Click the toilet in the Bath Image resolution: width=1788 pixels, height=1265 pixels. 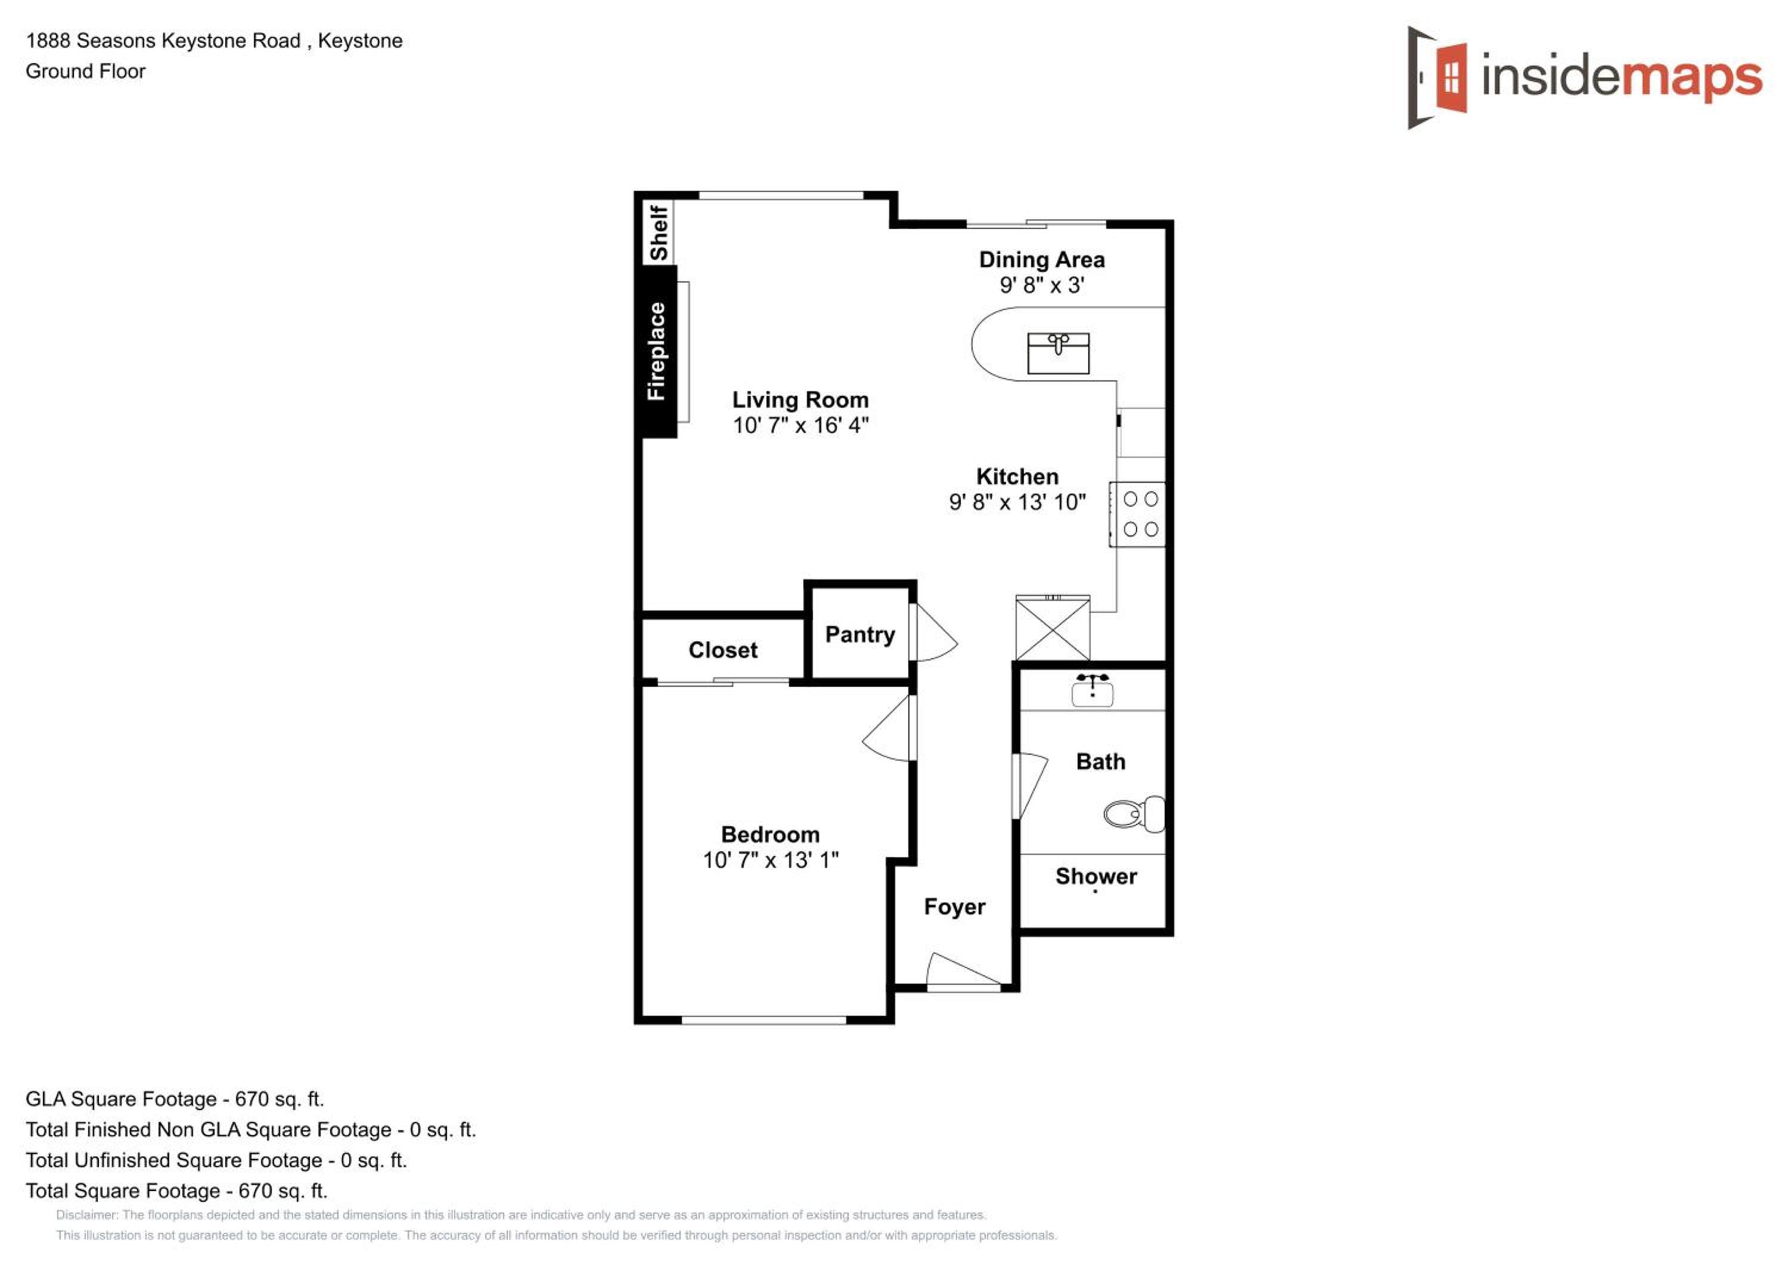1135,814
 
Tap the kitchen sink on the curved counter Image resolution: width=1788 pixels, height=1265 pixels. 1058,353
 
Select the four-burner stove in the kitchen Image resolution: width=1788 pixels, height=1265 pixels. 1138,514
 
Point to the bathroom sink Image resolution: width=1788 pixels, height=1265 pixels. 1092,690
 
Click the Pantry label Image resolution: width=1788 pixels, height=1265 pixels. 860,635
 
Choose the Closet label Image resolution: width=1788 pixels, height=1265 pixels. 723,650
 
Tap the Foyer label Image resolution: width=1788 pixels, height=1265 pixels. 954,907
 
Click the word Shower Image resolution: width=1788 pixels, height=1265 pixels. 1095,876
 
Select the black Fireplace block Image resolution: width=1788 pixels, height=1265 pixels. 659,351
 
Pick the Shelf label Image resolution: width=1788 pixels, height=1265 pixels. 659,232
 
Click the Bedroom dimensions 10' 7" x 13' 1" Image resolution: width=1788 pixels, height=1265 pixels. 770,860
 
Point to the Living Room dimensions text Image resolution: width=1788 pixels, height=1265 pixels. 800,425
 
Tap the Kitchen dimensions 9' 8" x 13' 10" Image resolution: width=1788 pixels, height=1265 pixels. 1017,503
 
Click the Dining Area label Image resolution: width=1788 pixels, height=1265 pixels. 1041,259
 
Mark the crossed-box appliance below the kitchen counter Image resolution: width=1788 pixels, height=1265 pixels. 1053,628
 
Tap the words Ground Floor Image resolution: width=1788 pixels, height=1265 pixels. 86,71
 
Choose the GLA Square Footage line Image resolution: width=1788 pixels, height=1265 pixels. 175,1099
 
